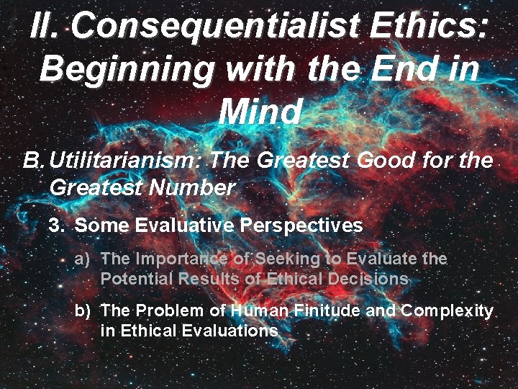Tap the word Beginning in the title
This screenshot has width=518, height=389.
127,69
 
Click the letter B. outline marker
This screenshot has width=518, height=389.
34,161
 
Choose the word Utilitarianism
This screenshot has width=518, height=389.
127,161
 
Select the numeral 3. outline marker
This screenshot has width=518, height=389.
58,225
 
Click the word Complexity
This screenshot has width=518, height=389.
447,311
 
